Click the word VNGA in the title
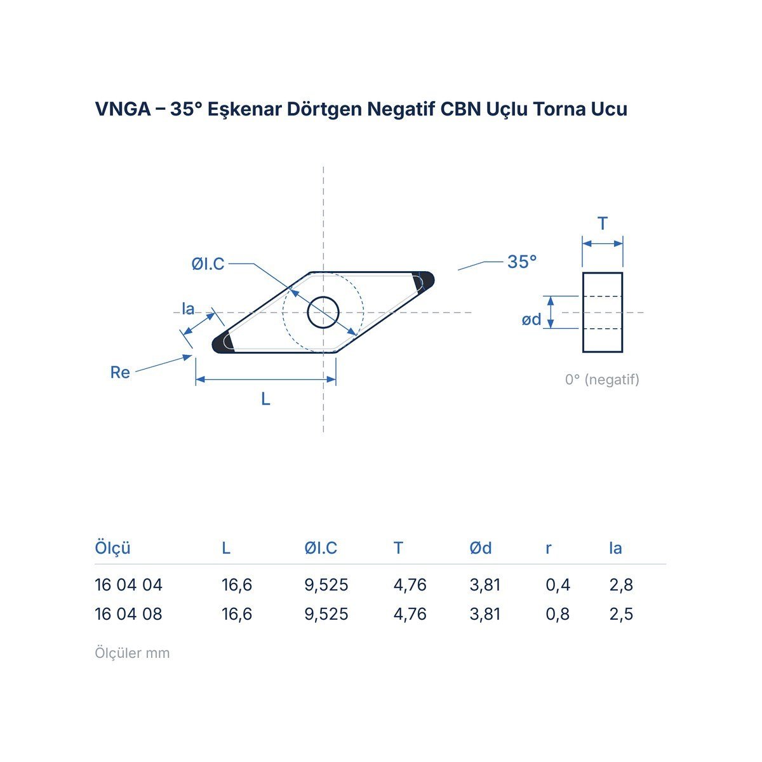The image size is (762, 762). point(123,109)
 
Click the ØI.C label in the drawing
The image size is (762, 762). point(208,264)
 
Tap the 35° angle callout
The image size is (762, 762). point(522,262)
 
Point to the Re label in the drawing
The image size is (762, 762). point(120,372)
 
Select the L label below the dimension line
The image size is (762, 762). point(265,399)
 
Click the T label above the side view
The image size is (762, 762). point(603,224)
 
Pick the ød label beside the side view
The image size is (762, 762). point(531,319)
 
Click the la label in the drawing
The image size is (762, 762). point(188,309)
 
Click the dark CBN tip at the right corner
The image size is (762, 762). point(425,281)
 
